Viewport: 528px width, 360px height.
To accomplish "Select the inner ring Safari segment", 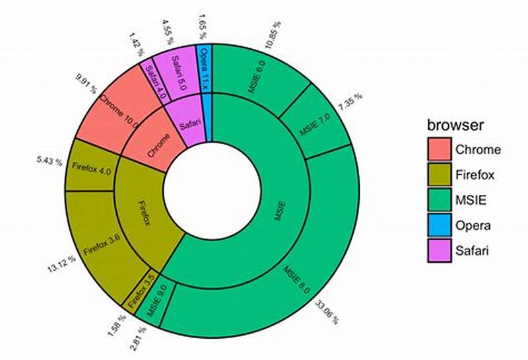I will coord(187,120).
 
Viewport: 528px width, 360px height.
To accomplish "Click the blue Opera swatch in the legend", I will coord(439,225).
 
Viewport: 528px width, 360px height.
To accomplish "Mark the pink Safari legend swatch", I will coord(439,250).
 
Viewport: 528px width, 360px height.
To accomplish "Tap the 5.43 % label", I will coord(49,160).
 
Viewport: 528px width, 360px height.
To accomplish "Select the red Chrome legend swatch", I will coord(439,149).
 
